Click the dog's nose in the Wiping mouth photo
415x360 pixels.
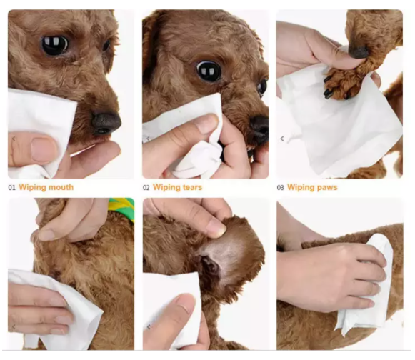click(106, 121)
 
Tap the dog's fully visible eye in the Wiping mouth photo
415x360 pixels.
click(54, 45)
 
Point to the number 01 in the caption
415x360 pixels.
click(11, 188)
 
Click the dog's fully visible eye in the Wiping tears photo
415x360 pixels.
click(209, 70)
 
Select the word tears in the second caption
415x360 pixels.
click(191, 188)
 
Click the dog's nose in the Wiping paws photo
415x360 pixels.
click(359, 51)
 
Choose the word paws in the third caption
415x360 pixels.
click(324, 188)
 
